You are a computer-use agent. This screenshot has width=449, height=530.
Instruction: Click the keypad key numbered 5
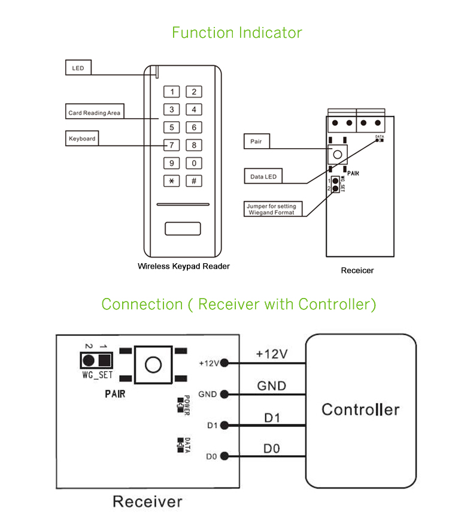[x=172, y=128]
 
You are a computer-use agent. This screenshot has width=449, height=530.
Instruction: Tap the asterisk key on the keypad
[x=172, y=181]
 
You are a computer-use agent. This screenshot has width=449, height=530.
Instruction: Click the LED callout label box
[x=78, y=68]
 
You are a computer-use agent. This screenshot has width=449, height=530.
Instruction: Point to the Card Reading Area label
[x=94, y=112]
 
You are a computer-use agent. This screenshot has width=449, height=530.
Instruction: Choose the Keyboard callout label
[x=82, y=138]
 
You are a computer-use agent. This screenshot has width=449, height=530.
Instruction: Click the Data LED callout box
[x=263, y=176]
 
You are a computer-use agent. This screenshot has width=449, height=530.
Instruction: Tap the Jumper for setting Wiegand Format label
[x=274, y=209]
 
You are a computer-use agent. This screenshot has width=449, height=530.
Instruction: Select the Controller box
[x=360, y=410]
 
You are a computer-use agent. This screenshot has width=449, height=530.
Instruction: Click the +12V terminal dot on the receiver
[x=224, y=363]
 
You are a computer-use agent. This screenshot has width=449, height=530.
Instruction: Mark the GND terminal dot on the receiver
[x=224, y=394]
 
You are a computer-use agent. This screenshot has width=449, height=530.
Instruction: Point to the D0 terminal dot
[x=224, y=456]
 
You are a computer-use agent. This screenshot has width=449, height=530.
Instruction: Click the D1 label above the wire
[x=272, y=417]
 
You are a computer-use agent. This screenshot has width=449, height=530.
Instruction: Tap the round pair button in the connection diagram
[x=153, y=364]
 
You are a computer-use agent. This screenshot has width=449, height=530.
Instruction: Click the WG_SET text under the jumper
[x=96, y=375]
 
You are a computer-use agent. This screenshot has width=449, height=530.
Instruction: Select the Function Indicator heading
[x=237, y=32]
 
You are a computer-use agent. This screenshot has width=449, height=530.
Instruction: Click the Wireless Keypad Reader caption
[x=184, y=266]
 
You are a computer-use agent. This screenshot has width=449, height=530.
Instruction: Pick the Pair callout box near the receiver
[x=257, y=142]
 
